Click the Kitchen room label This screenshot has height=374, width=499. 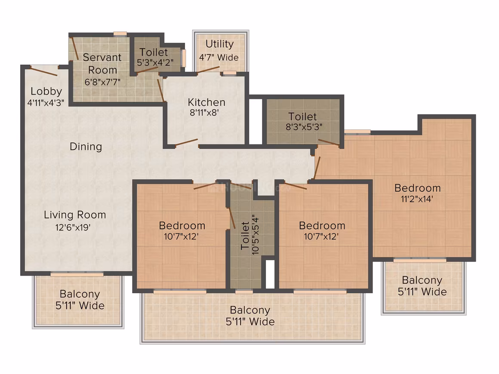(x=206, y=102)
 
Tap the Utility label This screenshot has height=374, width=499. (x=219, y=44)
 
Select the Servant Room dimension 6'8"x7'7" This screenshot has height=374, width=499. (x=102, y=82)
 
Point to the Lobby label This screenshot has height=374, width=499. (x=46, y=92)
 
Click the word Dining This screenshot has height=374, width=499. (x=86, y=147)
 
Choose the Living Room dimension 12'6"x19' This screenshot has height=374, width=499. (x=73, y=227)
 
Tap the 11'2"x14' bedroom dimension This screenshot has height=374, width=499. (x=417, y=199)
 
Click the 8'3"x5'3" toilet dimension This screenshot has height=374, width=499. (x=304, y=127)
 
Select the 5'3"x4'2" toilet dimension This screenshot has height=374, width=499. (x=155, y=62)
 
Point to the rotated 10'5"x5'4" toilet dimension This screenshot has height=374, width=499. (x=255, y=234)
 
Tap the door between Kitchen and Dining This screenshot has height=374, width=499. (x=187, y=142)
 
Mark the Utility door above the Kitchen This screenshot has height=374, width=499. (x=208, y=70)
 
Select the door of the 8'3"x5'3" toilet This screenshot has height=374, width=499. (x=329, y=142)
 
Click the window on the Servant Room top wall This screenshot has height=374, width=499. (x=120, y=34)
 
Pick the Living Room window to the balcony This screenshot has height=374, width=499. (x=77, y=274)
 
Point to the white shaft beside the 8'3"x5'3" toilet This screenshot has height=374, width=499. (x=255, y=122)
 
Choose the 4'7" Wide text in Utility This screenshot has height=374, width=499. (x=219, y=58)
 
